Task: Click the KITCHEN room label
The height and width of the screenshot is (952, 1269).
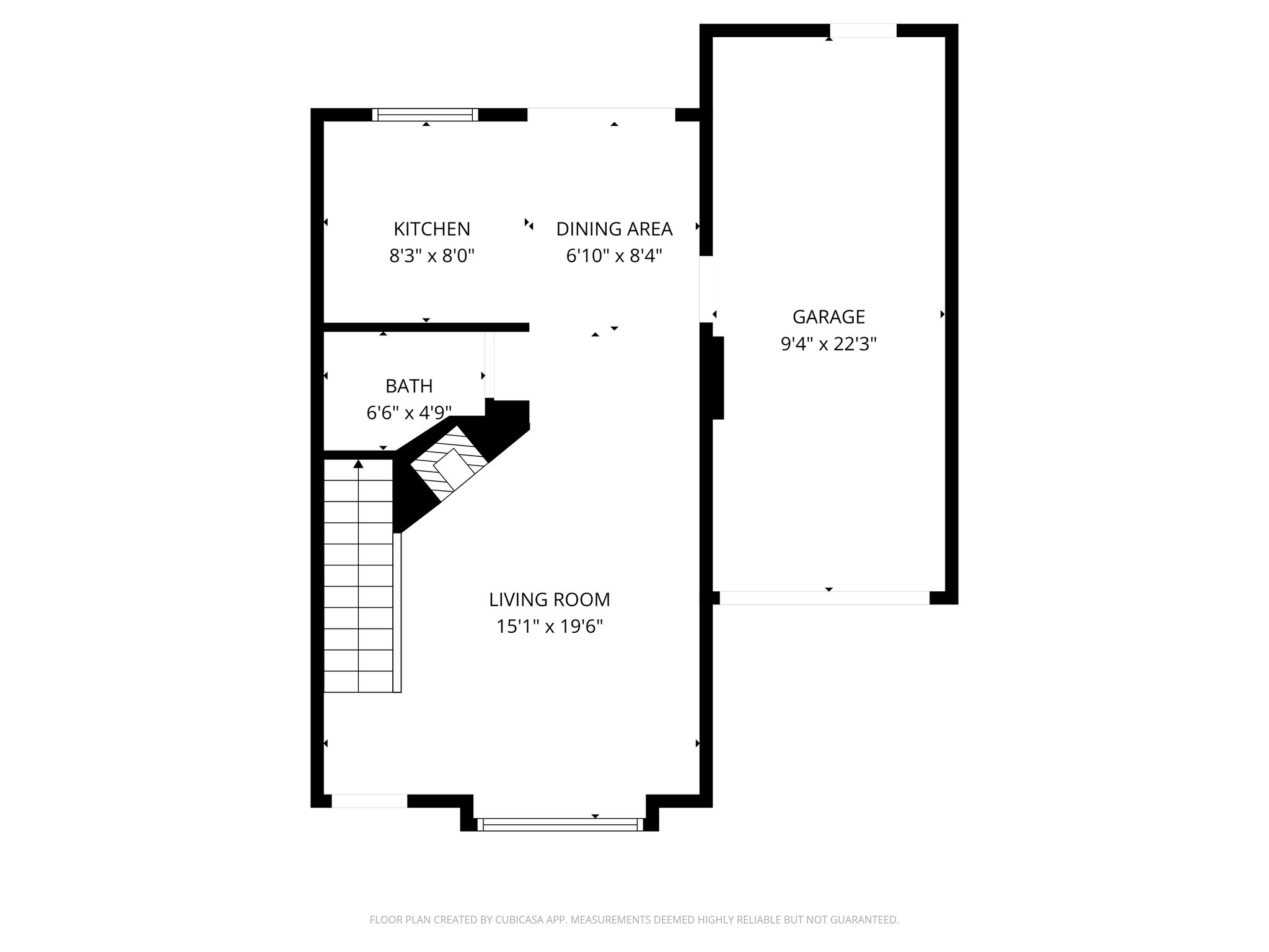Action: tap(432, 229)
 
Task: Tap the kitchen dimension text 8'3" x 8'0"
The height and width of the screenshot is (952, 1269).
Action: tap(432, 256)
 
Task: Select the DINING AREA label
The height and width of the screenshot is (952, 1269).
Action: tap(614, 229)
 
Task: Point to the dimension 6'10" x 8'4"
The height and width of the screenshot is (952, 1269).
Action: tap(614, 256)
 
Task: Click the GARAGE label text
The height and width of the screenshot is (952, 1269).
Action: tap(828, 317)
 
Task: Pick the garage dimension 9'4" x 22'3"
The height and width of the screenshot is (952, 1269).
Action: tap(828, 344)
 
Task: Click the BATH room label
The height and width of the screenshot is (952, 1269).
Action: tap(409, 386)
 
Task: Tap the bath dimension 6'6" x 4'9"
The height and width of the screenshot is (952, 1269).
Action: tap(409, 412)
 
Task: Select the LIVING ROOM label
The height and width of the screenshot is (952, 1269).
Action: tap(550, 600)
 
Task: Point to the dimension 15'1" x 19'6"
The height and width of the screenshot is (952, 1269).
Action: tap(550, 627)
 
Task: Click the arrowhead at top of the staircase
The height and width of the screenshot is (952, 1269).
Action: tap(358, 464)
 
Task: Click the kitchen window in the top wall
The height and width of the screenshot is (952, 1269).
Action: tap(425, 115)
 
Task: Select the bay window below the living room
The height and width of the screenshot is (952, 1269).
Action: tap(560, 824)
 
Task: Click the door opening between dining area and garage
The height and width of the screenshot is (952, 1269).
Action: tap(706, 289)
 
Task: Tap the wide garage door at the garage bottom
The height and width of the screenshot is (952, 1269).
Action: tap(825, 597)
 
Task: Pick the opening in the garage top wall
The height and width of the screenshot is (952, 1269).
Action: tap(863, 30)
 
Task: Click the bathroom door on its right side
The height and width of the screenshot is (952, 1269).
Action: tap(490, 366)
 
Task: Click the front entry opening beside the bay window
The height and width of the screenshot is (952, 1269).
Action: tap(369, 801)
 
